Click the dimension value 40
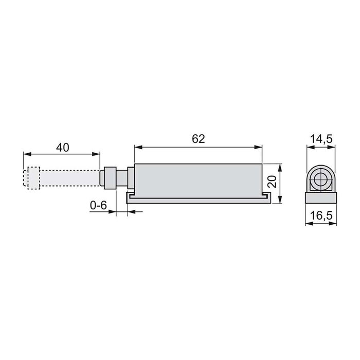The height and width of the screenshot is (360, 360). (x=62, y=147)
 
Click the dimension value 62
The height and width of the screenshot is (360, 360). (x=199, y=139)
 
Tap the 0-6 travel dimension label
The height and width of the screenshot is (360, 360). (x=98, y=205)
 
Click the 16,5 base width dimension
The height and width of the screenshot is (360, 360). (x=320, y=217)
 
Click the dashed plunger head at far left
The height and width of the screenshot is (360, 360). (x=31, y=177)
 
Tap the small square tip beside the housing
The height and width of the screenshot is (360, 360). (x=110, y=178)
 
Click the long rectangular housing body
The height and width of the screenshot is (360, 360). (x=199, y=179)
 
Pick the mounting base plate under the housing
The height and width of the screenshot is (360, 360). (x=199, y=198)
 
